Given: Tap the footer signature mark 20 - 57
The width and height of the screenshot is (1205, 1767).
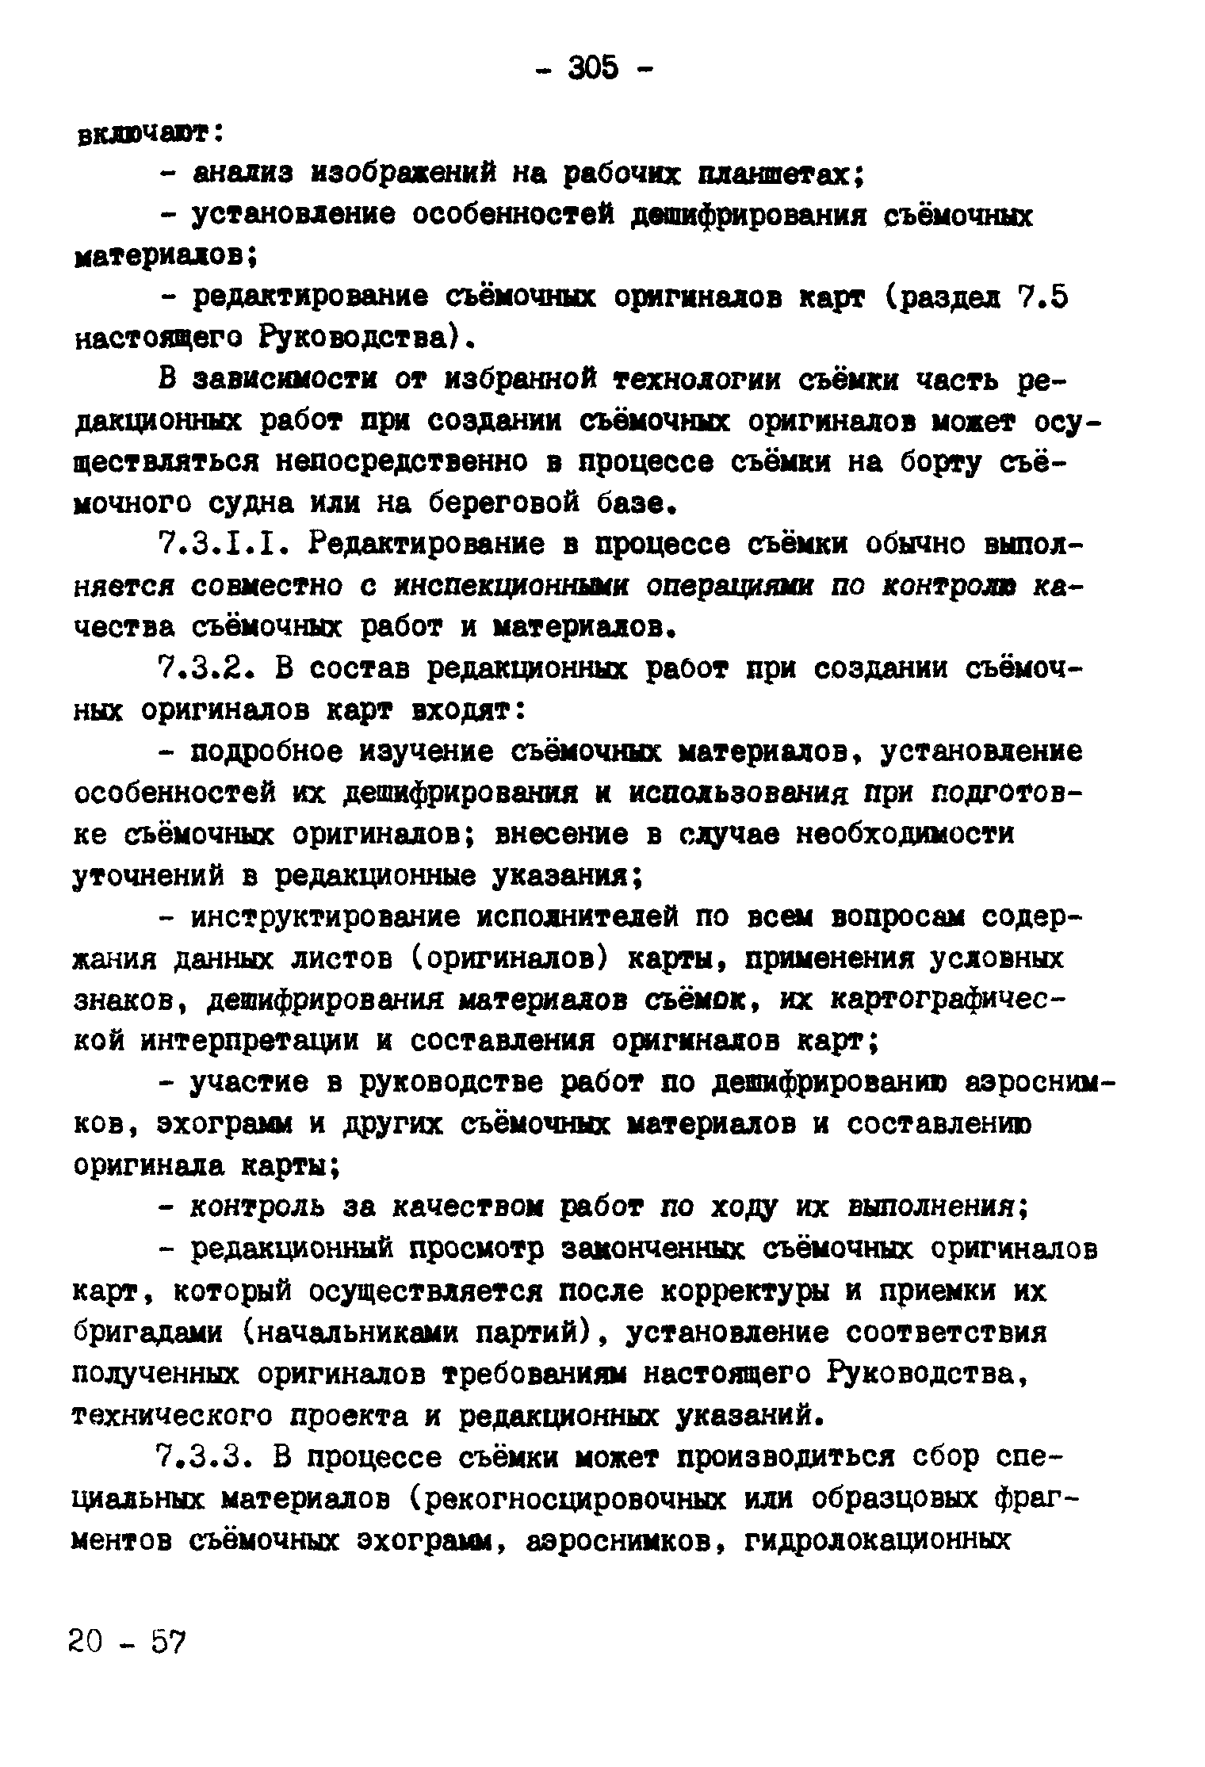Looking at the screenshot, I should coord(126,1640).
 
